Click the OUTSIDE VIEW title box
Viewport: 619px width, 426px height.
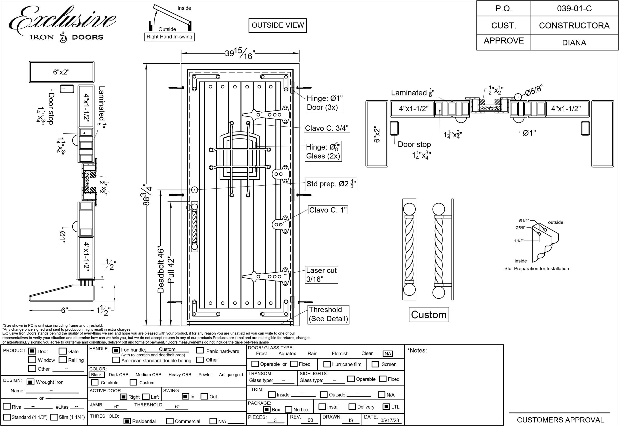tap(277, 25)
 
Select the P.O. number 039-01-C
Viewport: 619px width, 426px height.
tap(574, 8)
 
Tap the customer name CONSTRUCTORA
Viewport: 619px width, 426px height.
tap(574, 26)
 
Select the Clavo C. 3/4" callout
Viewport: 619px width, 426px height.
tap(327, 128)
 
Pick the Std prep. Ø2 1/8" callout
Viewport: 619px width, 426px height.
tap(331, 184)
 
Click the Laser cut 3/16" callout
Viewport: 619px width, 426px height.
tap(322, 275)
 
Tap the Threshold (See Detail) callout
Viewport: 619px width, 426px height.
tap(328, 314)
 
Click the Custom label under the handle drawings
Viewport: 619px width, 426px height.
tap(429, 315)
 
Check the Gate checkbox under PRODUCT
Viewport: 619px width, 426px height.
tap(63, 351)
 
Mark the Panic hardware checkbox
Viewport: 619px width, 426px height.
tap(200, 350)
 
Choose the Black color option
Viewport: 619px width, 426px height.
tap(96, 375)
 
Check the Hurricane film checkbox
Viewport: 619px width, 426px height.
tap(327, 364)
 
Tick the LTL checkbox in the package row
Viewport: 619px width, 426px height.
tap(386, 406)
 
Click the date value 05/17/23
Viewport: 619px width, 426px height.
tap(390, 420)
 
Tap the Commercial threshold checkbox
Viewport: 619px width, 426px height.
tap(170, 421)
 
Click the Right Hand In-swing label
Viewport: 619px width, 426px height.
tap(169, 37)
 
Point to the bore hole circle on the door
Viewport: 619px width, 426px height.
tap(195, 190)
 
